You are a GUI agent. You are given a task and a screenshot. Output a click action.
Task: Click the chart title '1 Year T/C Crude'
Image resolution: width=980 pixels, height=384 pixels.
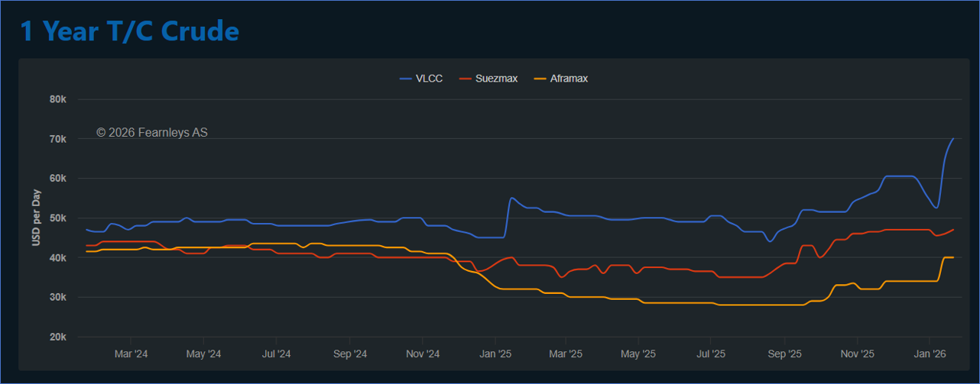(x=129, y=31)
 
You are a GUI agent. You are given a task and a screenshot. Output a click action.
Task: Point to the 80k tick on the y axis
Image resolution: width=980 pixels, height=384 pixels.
(x=59, y=99)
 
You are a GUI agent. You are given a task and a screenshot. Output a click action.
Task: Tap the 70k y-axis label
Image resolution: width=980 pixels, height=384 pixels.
(x=59, y=139)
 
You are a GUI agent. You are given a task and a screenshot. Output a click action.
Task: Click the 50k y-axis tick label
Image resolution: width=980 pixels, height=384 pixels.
(x=59, y=218)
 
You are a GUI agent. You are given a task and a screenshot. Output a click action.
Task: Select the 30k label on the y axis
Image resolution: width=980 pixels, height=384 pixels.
(x=59, y=298)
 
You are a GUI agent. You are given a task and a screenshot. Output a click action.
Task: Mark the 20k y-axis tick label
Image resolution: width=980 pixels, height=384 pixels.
(x=59, y=337)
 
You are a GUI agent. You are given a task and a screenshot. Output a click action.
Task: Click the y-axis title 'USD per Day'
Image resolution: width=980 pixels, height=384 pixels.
(x=36, y=218)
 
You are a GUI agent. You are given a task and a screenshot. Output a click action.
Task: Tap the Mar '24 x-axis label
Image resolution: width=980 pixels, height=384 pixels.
(x=131, y=354)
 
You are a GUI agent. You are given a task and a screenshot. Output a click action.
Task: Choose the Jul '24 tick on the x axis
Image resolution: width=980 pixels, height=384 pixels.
(x=276, y=354)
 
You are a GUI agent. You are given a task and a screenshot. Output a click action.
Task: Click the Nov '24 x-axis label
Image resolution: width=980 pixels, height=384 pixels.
(x=422, y=354)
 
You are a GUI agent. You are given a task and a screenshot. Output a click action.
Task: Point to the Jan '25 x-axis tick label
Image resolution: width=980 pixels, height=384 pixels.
(x=495, y=354)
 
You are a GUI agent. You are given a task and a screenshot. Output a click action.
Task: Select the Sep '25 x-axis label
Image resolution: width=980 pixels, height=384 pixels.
(x=784, y=354)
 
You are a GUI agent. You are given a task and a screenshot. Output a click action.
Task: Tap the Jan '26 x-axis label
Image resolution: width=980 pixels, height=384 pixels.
(x=929, y=354)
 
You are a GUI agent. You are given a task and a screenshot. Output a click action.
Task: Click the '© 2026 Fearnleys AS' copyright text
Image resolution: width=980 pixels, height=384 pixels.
(x=152, y=133)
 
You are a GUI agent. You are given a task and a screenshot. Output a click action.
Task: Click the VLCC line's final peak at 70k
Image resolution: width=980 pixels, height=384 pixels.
(x=953, y=138)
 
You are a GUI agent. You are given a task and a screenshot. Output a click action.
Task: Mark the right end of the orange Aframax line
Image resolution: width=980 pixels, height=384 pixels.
(x=953, y=257)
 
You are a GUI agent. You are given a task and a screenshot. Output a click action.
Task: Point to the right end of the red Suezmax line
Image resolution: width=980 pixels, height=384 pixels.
(x=953, y=230)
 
